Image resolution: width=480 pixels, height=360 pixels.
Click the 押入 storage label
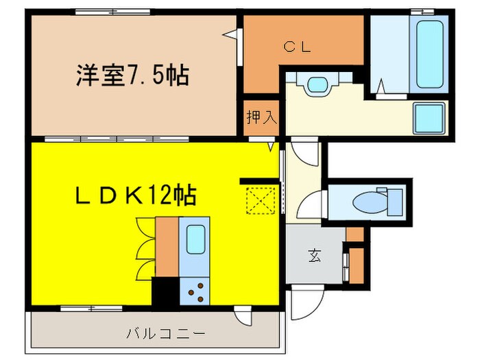261,117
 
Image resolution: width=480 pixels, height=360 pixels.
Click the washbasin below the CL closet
316,86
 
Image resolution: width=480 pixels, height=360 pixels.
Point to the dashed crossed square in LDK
259,200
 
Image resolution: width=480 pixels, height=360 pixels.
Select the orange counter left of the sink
167,245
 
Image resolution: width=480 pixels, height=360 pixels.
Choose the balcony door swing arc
242,316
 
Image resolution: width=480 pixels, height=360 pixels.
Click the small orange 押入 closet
261,117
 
